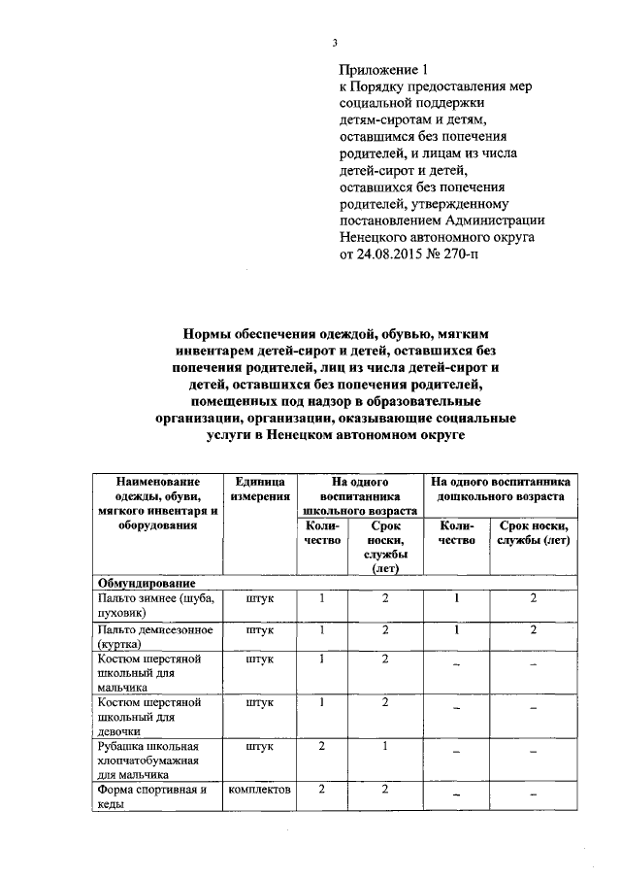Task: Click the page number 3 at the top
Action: click(x=335, y=42)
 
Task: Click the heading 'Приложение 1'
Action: click(x=382, y=69)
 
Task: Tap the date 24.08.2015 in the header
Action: click(x=390, y=254)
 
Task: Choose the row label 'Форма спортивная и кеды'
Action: click(x=152, y=796)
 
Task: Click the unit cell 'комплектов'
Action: click(x=259, y=790)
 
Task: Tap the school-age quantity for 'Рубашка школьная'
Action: click(x=321, y=747)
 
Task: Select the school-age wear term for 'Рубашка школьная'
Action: click(x=385, y=747)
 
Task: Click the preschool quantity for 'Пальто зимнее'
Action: click(x=456, y=598)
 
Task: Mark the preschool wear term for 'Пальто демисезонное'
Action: click(x=533, y=630)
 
